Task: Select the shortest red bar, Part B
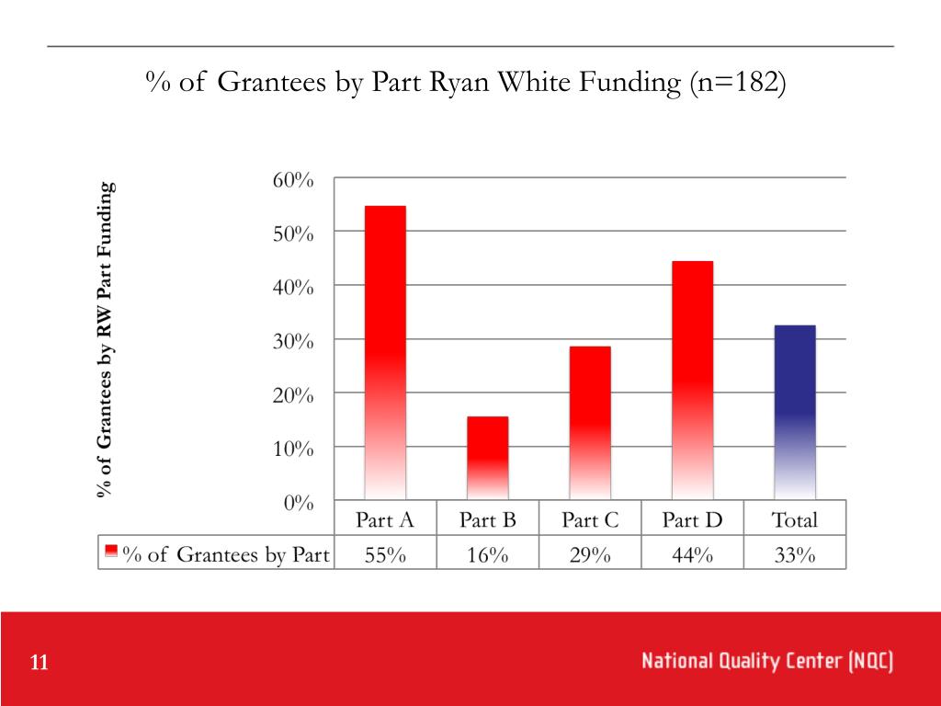point(487,458)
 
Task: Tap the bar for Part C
point(590,423)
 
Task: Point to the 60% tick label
point(293,180)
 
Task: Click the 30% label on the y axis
point(293,341)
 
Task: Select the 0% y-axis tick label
point(298,503)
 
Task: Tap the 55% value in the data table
point(385,554)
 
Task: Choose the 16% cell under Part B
point(487,554)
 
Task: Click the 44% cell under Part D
point(692,554)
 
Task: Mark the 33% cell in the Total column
point(795,554)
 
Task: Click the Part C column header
point(590,520)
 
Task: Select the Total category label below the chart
point(795,520)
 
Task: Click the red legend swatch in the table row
point(111,552)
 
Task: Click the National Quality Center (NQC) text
point(767,661)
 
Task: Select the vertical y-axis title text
point(107,340)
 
